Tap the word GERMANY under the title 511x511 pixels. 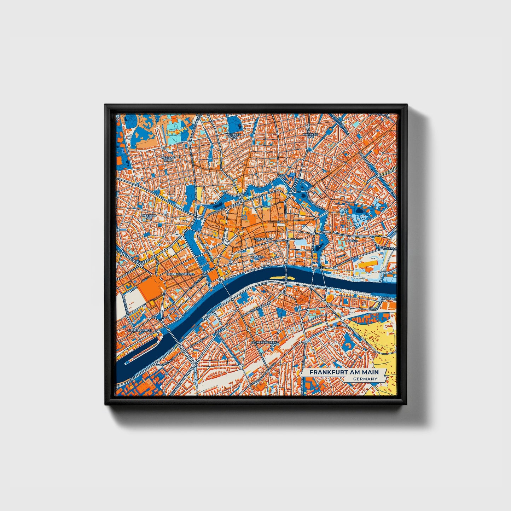[x=365, y=379]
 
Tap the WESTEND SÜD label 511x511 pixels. [x=149, y=216]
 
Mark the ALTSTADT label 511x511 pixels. [x=257, y=257]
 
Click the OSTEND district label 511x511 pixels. [x=352, y=241]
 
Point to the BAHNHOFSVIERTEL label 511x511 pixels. [x=181, y=274]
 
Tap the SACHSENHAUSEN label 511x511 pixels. [x=263, y=343]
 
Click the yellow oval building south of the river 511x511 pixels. [x=330, y=298]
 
